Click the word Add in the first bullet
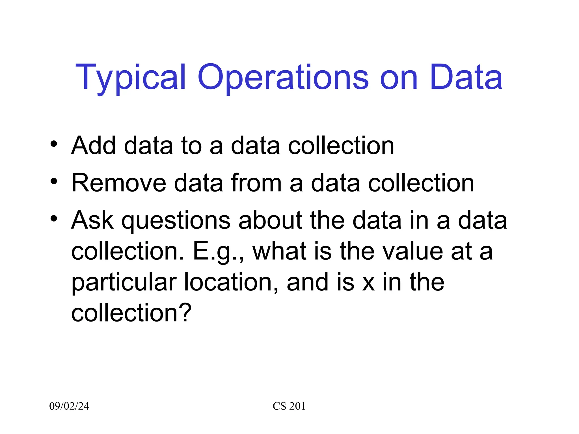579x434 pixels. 94,146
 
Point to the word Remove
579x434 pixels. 119,183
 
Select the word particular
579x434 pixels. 124,283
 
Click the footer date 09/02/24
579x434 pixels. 69,406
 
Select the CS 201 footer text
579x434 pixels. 289,406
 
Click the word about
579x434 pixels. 270,220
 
